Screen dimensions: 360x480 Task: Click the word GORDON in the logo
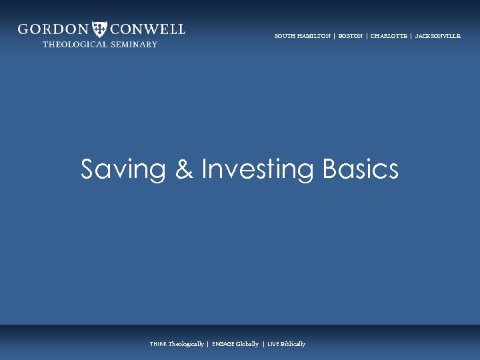53,29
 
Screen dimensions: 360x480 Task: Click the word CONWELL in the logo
148,29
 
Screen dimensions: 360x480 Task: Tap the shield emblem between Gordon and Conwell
100,29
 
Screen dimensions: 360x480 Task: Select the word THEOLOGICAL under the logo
72,45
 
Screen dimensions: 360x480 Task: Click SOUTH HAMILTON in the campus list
302,36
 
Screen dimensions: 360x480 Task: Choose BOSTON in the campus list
351,36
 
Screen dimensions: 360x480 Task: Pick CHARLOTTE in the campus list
389,36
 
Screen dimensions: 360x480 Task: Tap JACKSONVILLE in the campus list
437,36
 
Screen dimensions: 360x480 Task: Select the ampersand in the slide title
183,169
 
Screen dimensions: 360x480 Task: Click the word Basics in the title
360,169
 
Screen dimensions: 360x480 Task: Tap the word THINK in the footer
159,344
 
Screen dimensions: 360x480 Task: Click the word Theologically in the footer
186,344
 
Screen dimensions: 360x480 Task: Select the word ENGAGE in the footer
223,344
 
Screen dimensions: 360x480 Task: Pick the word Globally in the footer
247,344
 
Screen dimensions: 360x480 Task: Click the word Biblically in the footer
293,344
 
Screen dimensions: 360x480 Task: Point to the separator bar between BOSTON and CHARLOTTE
367,36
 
